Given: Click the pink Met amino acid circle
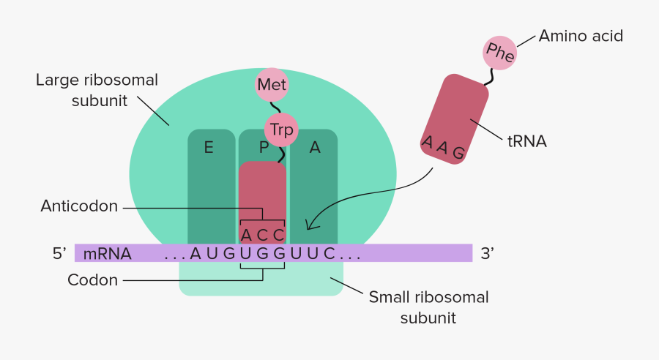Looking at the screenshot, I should point(272,85).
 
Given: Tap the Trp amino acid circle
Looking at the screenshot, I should point(282,130).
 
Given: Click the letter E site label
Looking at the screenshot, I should point(209,148).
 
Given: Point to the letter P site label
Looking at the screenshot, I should point(264,148).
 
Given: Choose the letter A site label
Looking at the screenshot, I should point(315,148).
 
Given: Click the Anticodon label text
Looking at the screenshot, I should point(79,207).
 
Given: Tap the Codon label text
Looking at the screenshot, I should point(92,280).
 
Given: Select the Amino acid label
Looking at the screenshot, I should point(581,35).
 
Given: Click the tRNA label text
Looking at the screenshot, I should point(527,141).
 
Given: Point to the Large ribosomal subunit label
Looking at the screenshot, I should point(97,90).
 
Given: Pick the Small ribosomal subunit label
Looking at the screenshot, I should point(428,307).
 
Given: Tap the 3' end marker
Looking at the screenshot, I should point(487,254).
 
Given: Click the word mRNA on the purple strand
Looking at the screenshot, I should point(107,255).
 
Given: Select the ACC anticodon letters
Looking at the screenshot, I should point(262,235).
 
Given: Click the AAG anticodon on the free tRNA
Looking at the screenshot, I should point(443,147).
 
